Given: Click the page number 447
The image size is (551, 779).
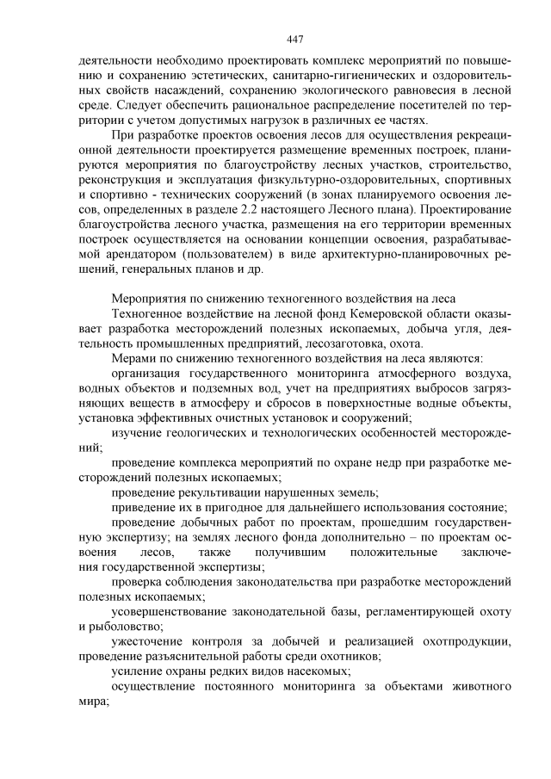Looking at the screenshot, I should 295,40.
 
